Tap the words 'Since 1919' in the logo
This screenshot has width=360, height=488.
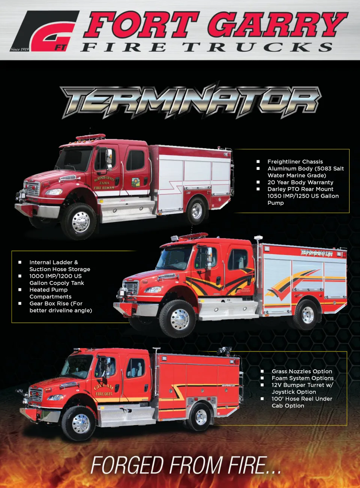[x=20, y=49]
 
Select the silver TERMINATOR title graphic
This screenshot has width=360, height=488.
[x=190, y=101]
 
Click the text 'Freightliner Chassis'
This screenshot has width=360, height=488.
[x=295, y=162]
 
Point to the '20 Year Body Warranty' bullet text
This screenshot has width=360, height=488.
[x=300, y=182]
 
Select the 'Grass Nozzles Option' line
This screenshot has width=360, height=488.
[x=302, y=371]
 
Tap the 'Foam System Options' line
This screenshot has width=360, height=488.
[x=303, y=378]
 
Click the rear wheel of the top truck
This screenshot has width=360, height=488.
[x=196, y=210]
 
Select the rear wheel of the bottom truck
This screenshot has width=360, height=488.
[x=201, y=416]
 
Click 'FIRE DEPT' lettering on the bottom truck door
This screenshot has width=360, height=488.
[x=104, y=394]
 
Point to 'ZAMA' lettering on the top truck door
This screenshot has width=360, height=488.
[x=104, y=183]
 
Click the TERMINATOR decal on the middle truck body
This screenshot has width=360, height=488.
[x=316, y=254]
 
